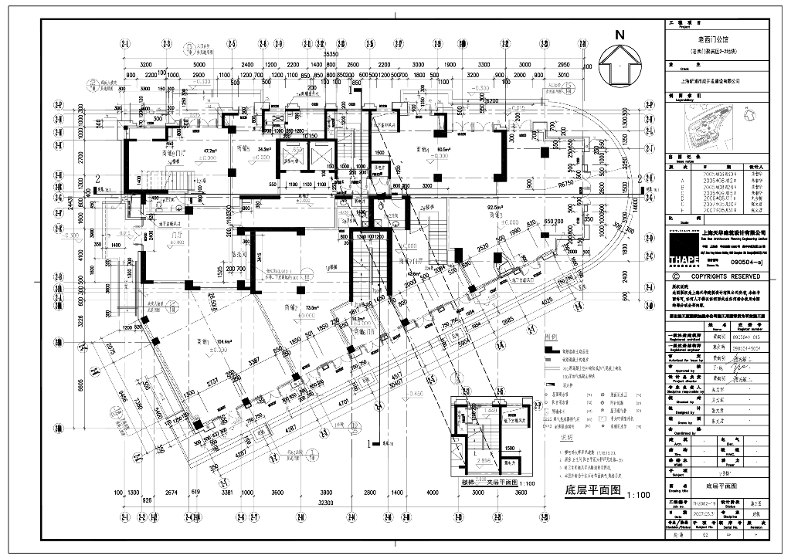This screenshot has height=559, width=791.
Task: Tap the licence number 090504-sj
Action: (x=747, y=263)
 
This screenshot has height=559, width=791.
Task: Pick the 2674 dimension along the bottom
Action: (x=171, y=492)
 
